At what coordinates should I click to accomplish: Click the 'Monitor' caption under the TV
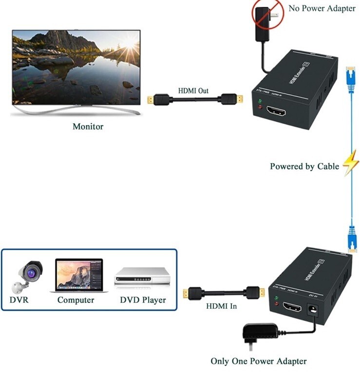point(88,127)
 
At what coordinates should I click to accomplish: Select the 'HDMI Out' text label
point(192,91)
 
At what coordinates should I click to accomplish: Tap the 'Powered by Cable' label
point(304,167)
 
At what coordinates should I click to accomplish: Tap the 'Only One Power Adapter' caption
point(258,361)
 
